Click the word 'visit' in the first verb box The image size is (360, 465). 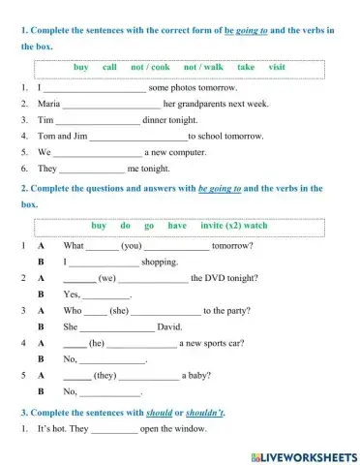pyautogui.click(x=277, y=68)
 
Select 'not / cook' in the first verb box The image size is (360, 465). pyautogui.click(x=150, y=68)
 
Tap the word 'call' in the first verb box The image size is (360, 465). pyautogui.click(x=109, y=68)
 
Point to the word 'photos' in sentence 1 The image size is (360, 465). pyautogui.click(x=188, y=86)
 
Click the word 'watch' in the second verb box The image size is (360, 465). pyautogui.click(x=255, y=226)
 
